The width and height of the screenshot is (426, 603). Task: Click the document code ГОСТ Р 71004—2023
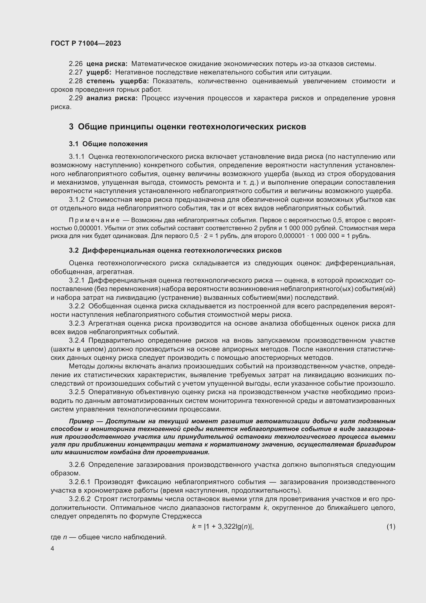[86, 43]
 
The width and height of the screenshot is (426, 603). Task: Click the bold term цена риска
[107, 64]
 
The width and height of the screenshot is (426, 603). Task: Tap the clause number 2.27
[75, 72]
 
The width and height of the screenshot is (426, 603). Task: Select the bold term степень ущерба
[117, 81]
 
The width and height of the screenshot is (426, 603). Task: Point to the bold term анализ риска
[112, 98]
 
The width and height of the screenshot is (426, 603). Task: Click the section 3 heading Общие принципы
[187, 127]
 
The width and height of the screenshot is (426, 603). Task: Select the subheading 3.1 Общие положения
[108, 144]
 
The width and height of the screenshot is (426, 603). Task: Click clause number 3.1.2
[76, 200]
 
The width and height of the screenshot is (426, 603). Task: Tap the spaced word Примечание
[94, 220]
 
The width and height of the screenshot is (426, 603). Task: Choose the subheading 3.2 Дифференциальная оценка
[175, 251]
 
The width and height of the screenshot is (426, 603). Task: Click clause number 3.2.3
[76, 323]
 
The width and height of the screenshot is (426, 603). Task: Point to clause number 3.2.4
[76, 341]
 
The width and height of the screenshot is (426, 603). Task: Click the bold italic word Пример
[81, 421]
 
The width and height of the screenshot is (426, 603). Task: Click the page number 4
[53, 549]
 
